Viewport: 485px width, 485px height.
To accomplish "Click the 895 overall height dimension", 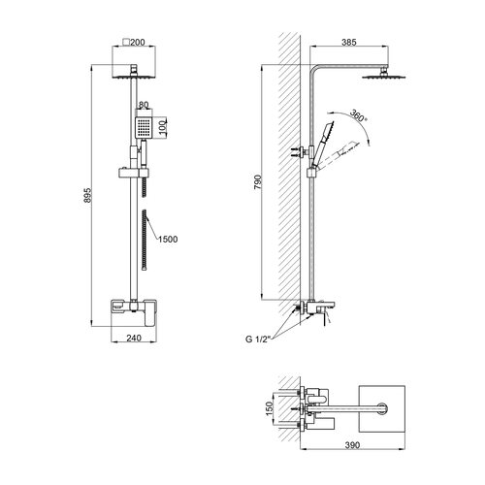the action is [88, 195].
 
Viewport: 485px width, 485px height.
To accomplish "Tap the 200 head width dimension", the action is [138, 42].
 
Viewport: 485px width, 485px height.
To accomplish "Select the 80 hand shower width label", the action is [144, 105].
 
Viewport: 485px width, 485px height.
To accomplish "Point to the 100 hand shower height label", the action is [163, 127].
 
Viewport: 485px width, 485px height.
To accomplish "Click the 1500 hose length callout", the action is [168, 240].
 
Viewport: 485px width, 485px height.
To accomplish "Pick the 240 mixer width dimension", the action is [134, 338].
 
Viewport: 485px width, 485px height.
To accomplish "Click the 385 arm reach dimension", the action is [349, 42].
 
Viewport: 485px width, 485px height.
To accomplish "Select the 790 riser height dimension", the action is [257, 182].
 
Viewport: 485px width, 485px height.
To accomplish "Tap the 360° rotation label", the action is [359, 115].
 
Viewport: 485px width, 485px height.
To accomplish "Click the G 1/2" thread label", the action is [257, 339].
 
